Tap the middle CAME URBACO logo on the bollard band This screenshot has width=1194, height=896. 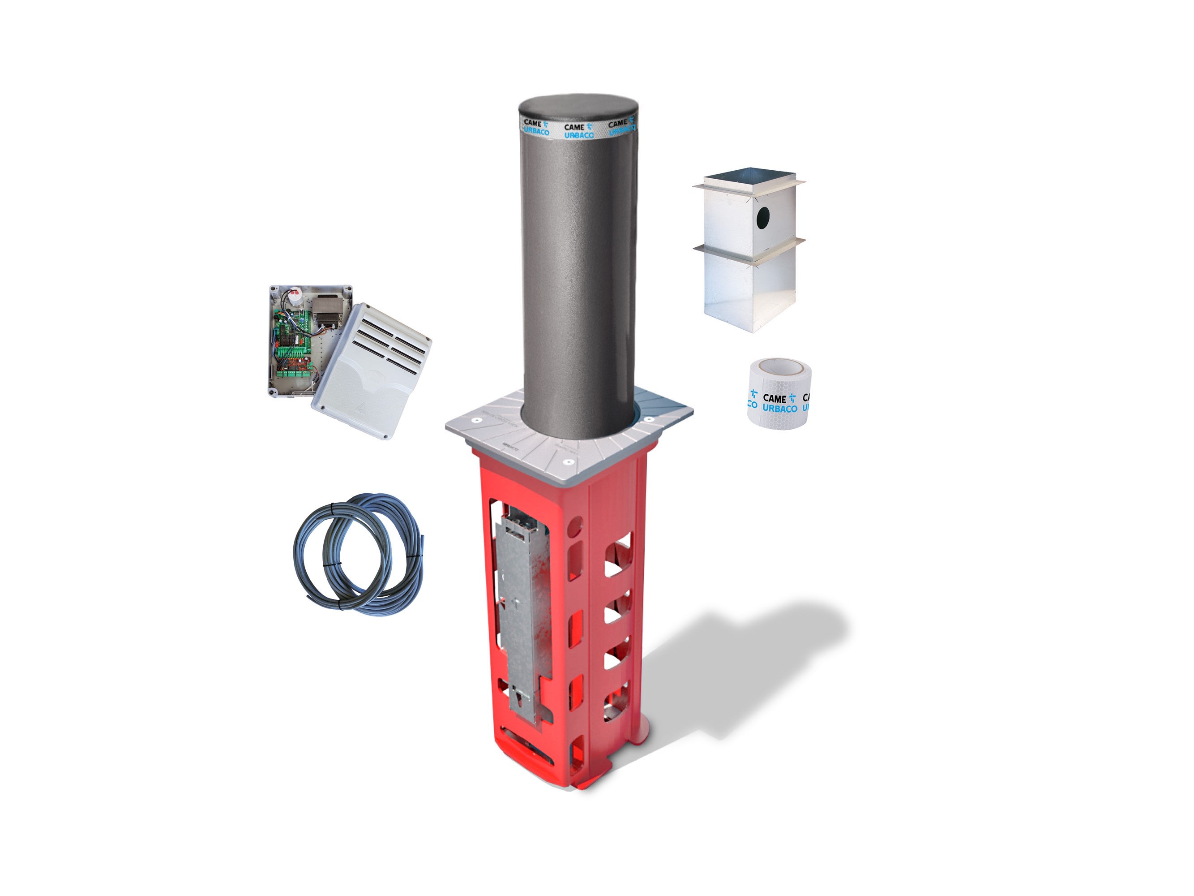click(578, 131)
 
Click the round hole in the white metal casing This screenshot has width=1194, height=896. click(764, 217)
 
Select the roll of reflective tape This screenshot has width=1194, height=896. click(779, 392)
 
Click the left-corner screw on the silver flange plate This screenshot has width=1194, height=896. click(477, 419)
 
